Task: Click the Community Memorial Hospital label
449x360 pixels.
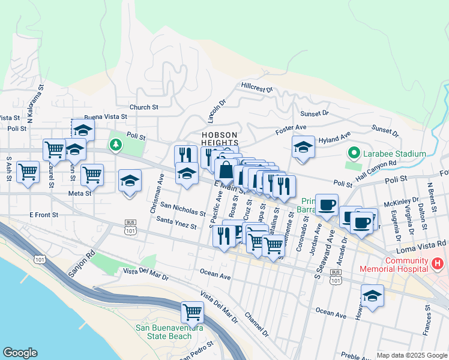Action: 398,265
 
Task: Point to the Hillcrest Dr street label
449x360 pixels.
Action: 257,88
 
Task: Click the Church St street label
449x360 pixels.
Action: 143,107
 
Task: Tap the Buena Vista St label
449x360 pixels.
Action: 106,117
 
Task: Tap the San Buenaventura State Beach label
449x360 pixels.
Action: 169,332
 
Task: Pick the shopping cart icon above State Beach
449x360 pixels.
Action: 192,311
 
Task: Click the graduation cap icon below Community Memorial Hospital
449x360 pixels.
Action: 372,296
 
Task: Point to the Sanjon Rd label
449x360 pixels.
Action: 82,264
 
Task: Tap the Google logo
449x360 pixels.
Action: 20,353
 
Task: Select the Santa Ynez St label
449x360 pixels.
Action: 176,223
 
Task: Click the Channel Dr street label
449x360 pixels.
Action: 256,323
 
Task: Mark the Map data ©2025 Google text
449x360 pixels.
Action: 412,355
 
